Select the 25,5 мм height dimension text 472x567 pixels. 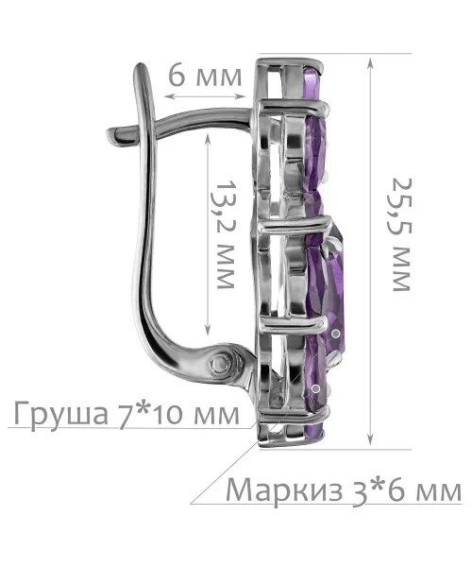[x=401, y=234]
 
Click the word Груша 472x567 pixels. [x=60, y=415]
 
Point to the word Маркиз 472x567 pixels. [x=284, y=491]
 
